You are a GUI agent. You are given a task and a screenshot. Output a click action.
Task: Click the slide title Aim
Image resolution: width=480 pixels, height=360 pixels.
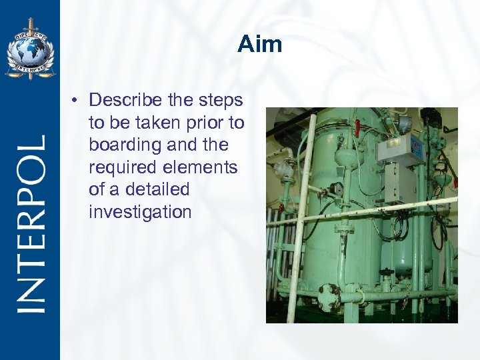[260, 45]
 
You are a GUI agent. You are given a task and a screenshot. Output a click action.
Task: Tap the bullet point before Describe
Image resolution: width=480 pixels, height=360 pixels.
[77, 101]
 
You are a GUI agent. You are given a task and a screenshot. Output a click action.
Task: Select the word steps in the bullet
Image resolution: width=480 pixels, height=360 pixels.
[223, 100]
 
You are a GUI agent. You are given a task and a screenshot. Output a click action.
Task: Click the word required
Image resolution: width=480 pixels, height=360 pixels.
[117, 167]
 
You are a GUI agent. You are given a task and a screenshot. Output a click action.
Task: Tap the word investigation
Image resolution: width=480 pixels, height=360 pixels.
[140, 212]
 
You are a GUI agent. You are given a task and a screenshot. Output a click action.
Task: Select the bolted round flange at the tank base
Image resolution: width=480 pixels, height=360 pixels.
[329, 296]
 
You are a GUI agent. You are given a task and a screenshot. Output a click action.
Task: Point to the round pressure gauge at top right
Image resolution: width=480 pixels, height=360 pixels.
[405, 122]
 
